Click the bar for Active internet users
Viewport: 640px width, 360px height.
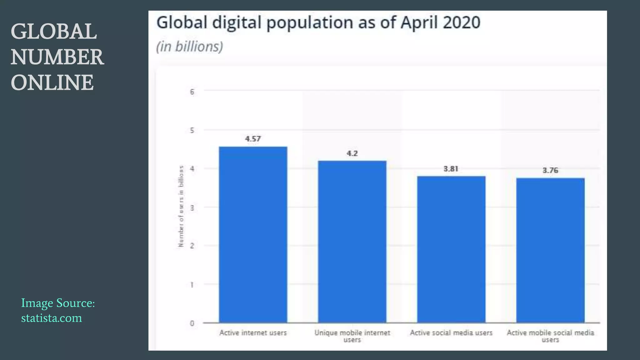click(253, 234)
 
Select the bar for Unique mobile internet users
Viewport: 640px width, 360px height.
click(352, 242)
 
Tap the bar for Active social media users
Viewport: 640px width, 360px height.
click(451, 249)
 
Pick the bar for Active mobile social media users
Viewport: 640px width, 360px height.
click(550, 250)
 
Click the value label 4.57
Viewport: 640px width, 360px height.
click(253, 139)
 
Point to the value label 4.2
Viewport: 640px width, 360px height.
click(352, 153)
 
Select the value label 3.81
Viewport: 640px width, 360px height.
click(451, 169)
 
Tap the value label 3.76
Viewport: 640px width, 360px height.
click(550, 170)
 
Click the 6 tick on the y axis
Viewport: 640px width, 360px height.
click(192, 92)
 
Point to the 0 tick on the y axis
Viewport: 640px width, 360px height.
click(192, 323)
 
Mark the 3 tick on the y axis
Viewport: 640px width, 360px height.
click(192, 208)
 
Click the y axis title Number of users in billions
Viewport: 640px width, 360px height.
click(181, 206)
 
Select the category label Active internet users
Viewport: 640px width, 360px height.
click(253, 333)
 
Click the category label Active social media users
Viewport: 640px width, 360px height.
click(451, 333)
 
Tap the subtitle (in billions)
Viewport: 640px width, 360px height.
click(189, 47)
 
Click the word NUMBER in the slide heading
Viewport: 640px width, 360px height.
click(57, 57)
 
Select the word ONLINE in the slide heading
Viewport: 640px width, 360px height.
click(52, 82)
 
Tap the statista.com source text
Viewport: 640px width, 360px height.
click(52, 318)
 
